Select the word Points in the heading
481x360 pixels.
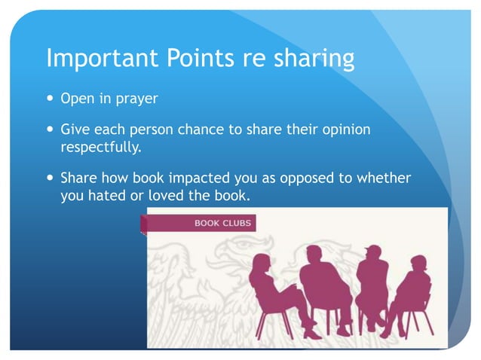point(197,58)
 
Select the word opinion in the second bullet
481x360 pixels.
point(344,130)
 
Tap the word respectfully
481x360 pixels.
point(100,148)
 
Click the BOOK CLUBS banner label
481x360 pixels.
point(222,224)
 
